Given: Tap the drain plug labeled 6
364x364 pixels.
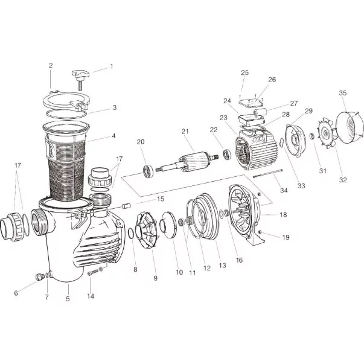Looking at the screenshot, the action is click(39, 276).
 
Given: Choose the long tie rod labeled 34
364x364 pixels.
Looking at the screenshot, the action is click(267, 174).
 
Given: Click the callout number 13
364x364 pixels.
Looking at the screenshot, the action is click(222, 266).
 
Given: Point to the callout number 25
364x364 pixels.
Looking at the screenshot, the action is click(244, 72).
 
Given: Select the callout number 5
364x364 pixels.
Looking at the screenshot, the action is click(68, 299).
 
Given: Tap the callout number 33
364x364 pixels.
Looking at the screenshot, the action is click(301, 186).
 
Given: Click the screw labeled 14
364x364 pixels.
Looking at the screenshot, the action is click(93, 273).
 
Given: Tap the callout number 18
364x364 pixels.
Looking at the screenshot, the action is click(283, 215).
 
